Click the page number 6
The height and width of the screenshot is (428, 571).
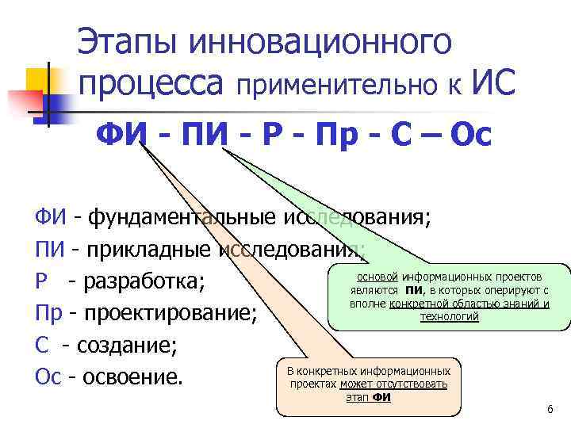[x=550, y=408]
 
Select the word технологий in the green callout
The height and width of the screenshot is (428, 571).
[x=449, y=316]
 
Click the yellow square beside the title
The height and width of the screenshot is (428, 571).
[x=40, y=79]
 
